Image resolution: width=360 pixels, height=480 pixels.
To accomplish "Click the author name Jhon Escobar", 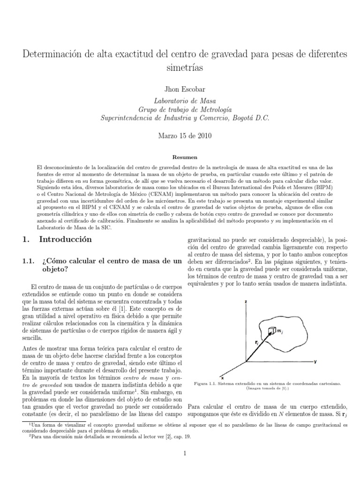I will [180, 89].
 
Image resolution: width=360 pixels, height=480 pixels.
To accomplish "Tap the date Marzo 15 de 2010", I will [180, 136].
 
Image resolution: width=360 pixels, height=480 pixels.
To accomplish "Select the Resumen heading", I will [180, 157].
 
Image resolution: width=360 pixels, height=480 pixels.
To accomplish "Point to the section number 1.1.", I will [29, 260].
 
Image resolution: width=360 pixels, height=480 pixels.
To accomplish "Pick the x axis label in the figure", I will [222, 377].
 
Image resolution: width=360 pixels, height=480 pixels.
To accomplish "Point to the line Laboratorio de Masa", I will [180, 101].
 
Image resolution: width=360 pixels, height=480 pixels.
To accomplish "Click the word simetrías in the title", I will [180, 67].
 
